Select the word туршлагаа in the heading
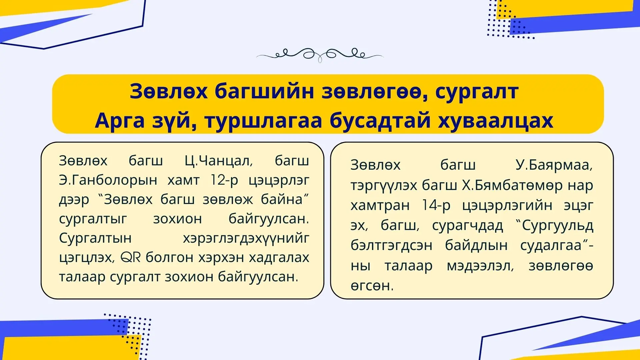263,121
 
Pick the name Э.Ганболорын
108,180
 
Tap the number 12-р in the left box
224,180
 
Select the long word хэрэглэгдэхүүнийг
246,238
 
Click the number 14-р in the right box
436,205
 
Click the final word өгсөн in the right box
372,286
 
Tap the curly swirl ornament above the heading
320,54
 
